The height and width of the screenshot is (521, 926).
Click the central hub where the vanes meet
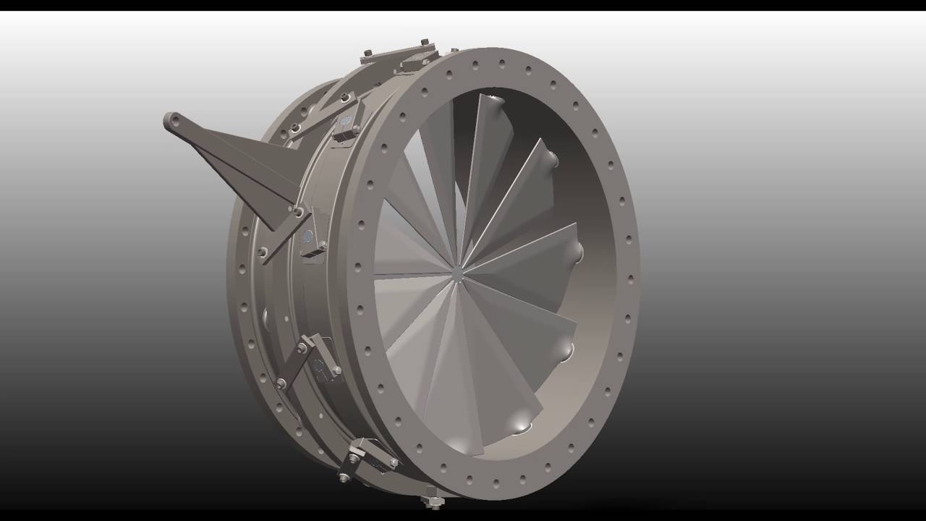pyautogui.click(x=458, y=274)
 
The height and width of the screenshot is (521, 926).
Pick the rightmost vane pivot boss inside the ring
pyautogui.click(x=577, y=251)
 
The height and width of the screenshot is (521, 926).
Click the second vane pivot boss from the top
pyautogui.click(x=551, y=158)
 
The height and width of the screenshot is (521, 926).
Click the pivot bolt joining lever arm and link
pyautogui.click(x=297, y=211)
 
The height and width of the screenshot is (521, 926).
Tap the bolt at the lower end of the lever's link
pyautogui.click(x=263, y=253)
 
